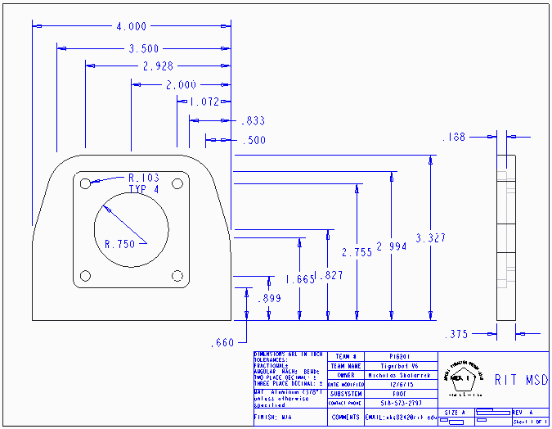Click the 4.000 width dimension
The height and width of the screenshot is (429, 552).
pos(132,27)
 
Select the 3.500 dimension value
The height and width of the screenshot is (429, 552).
pos(144,49)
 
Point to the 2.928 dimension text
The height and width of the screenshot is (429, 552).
pos(157,66)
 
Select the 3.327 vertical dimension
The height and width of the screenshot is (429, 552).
pos(430,238)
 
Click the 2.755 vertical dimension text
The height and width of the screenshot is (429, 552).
pos(357,252)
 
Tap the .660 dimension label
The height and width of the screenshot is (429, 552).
pos(222,341)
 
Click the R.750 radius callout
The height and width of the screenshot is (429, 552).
pos(119,243)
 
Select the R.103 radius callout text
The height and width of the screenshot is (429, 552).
pos(143,178)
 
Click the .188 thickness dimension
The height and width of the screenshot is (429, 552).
pos(454,138)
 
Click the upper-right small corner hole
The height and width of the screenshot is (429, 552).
pos(177,184)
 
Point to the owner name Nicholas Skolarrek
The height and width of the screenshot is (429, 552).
pos(398,375)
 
